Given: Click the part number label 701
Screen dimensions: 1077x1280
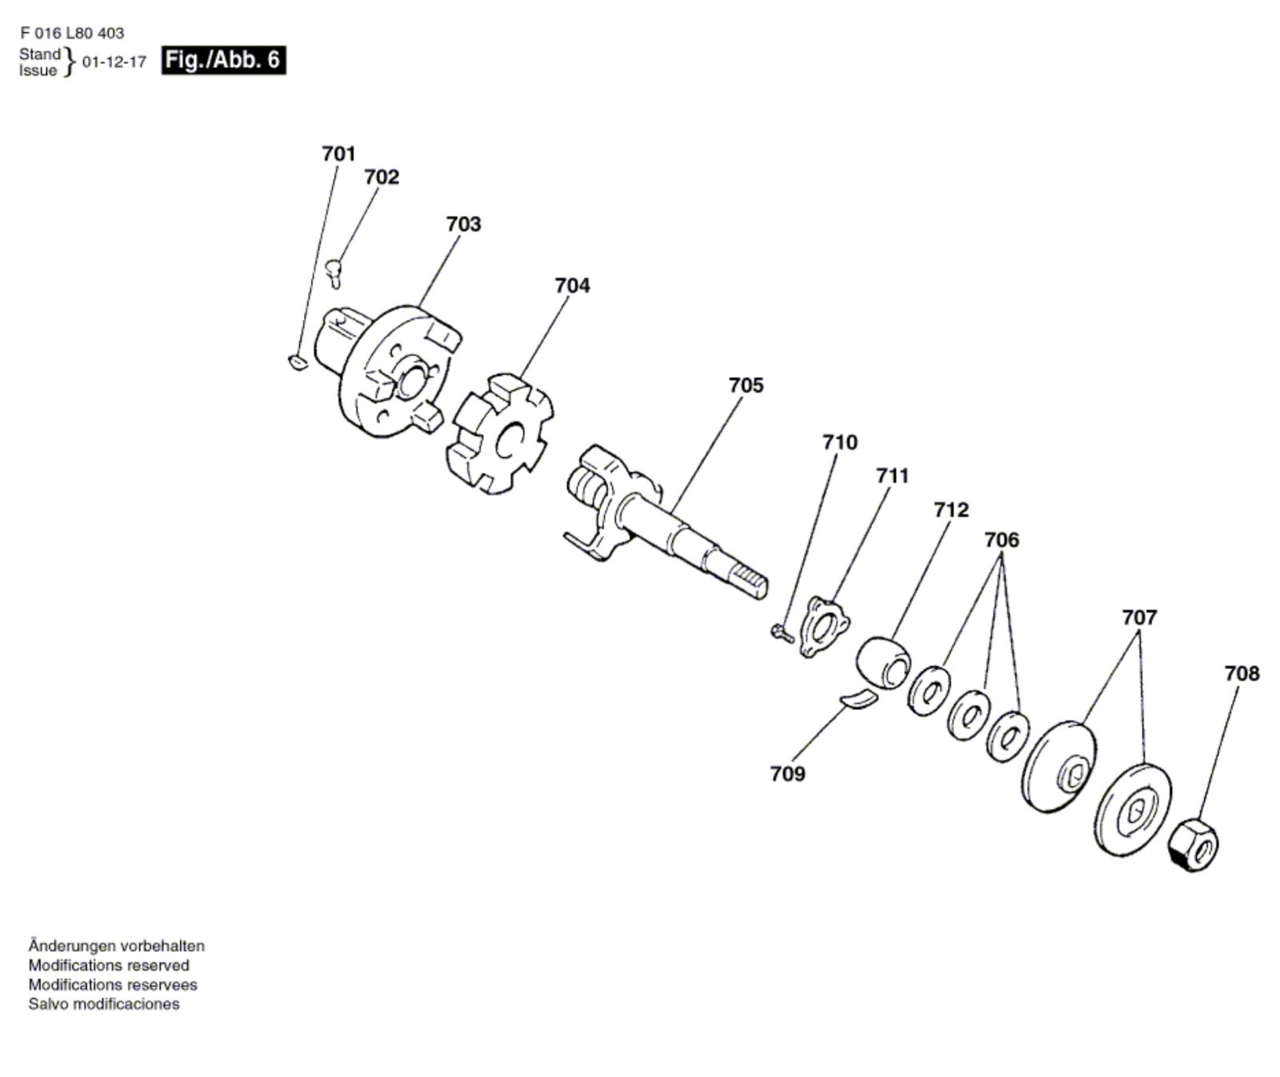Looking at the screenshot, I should (338, 154).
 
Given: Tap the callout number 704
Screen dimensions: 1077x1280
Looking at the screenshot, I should (572, 285).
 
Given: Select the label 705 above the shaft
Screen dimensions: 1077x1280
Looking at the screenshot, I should (746, 385).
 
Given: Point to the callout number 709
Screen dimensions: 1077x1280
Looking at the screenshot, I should (787, 774).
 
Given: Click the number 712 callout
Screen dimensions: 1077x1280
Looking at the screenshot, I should (950, 509).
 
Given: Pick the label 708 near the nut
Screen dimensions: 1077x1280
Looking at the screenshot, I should (1241, 674).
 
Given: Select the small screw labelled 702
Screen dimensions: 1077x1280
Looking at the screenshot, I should (335, 272).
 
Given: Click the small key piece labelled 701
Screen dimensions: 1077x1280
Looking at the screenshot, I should (296, 363).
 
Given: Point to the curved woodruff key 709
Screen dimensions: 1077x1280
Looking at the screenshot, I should (858, 698).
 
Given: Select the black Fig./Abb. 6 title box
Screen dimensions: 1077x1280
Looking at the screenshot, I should (223, 61).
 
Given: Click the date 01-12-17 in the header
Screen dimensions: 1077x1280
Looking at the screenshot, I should (114, 62).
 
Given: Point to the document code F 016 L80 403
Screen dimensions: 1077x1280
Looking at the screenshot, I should (72, 34).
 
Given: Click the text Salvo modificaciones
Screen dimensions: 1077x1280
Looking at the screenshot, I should (104, 1004).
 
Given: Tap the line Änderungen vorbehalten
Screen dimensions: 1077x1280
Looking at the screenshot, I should (117, 946).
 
